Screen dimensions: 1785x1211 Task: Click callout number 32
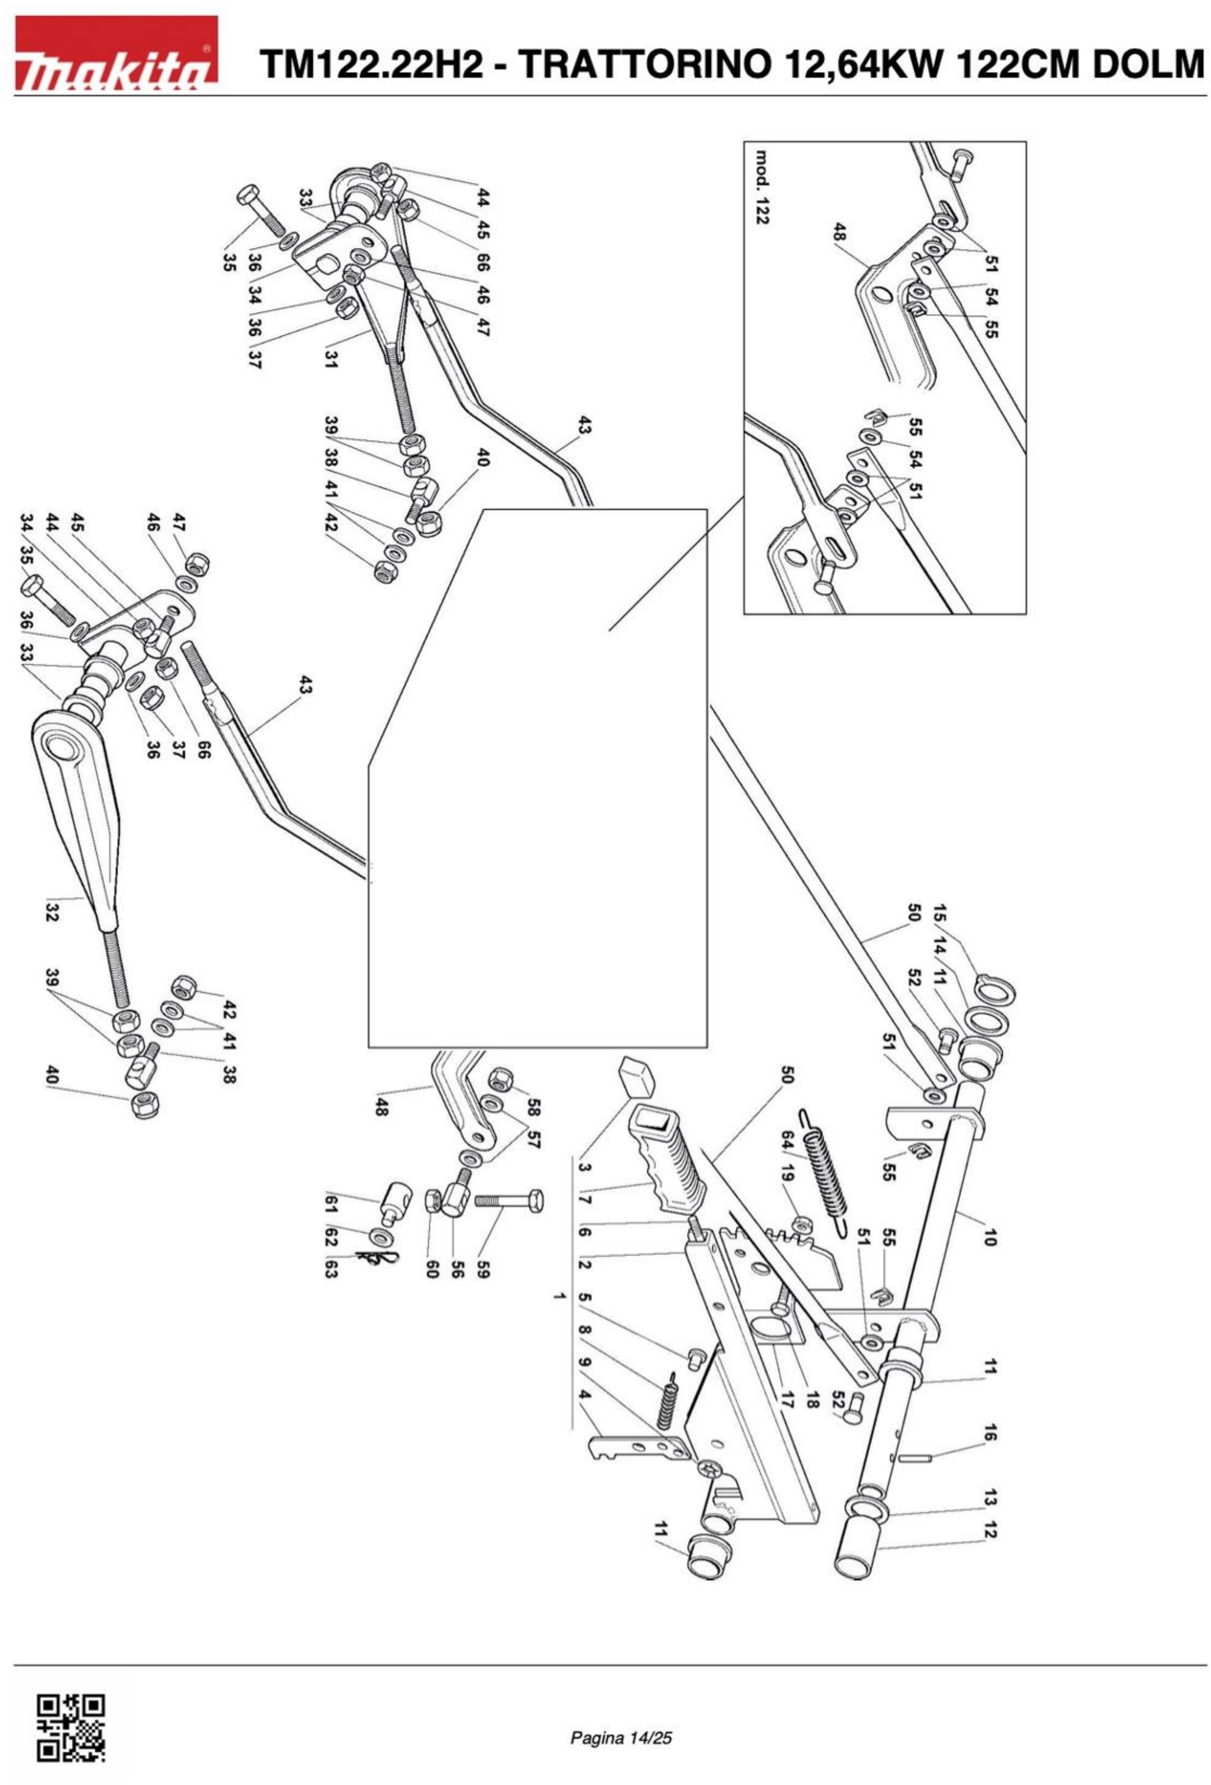[52, 913]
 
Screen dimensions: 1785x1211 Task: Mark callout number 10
[989, 1237]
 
